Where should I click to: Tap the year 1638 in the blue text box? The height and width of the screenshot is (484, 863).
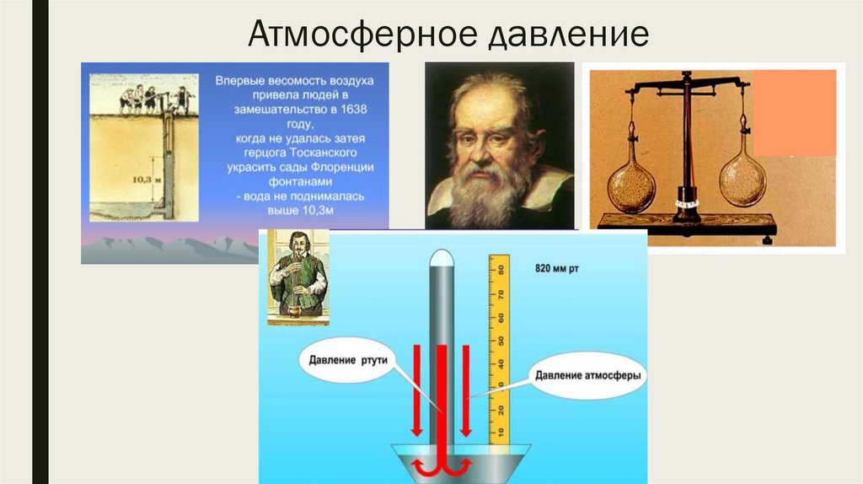357,110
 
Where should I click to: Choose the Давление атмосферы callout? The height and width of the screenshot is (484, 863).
588,375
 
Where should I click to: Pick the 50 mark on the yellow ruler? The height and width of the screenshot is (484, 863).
500,341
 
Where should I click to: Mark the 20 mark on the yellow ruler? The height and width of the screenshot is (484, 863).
500,411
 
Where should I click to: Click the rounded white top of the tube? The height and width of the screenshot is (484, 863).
443,259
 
